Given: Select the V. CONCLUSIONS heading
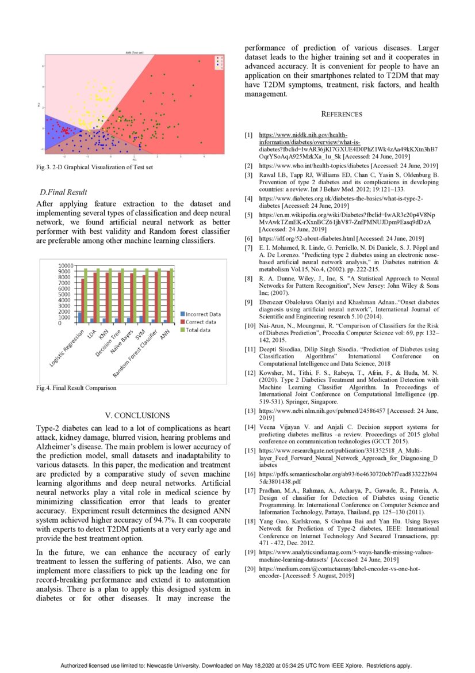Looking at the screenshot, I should pyautogui.click(x=133, y=415).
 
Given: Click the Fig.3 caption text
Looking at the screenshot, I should pyautogui.click(x=95, y=168).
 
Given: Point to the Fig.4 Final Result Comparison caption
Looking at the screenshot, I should pyautogui.click(x=76, y=388).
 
